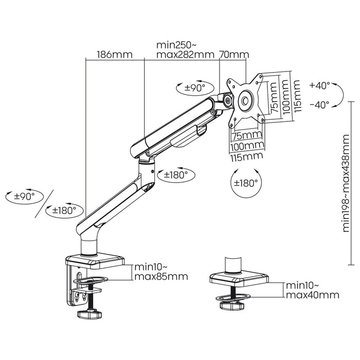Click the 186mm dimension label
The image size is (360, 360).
click(114, 54)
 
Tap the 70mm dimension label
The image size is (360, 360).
click(234, 54)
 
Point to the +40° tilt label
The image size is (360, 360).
click(320, 85)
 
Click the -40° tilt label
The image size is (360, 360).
click(320, 104)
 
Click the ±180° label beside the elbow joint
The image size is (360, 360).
click(176, 174)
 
